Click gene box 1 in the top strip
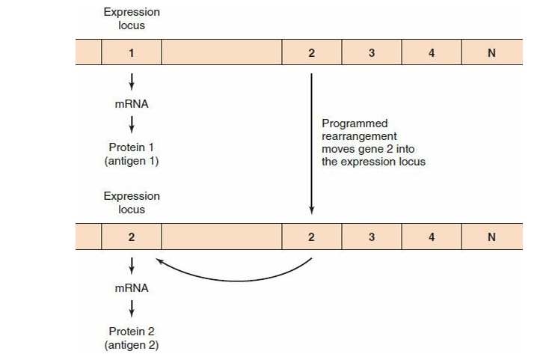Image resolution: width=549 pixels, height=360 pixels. point(132,52)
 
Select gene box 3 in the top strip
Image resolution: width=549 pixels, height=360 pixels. point(372,52)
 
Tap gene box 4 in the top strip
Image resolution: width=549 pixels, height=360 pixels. point(432,52)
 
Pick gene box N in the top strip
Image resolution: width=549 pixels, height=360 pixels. point(492,52)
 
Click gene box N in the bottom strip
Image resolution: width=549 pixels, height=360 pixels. point(492,237)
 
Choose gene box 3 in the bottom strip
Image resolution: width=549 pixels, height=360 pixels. point(372,237)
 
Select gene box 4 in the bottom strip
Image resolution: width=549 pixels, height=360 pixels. point(432,237)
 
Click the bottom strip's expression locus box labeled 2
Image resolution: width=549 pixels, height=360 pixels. point(132,237)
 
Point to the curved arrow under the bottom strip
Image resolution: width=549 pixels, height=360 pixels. point(238,281)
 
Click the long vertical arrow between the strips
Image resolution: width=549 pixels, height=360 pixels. point(311,144)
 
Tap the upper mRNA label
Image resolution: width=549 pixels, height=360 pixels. point(132,103)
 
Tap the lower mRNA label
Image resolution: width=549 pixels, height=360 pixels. point(132,288)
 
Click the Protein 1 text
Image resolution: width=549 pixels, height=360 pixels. point(132,147)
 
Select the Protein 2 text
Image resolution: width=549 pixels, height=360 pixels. point(132,332)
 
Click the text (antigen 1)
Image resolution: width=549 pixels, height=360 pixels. point(132,161)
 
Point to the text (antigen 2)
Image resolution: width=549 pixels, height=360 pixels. point(132,345)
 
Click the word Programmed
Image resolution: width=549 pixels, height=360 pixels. point(355,124)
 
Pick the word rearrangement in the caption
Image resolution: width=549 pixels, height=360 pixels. point(359,136)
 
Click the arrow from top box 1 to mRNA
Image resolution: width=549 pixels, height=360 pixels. point(132,82)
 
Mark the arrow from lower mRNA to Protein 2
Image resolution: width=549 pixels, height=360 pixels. point(132,308)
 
